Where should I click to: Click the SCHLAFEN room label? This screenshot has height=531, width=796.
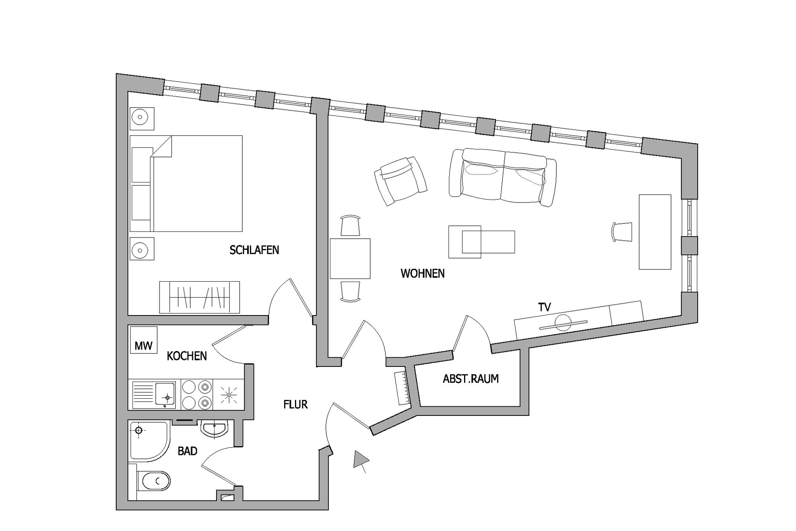pyautogui.click(x=254, y=250)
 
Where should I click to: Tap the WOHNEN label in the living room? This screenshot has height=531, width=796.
pyautogui.click(x=423, y=274)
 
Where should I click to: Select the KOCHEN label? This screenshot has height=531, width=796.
pyautogui.click(x=187, y=356)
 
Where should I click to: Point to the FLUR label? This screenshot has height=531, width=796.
pyautogui.click(x=295, y=405)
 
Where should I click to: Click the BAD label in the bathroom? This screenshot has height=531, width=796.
pyautogui.click(x=187, y=451)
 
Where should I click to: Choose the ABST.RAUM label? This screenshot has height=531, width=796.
pyautogui.click(x=471, y=379)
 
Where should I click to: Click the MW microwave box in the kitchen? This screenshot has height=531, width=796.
pyautogui.click(x=144, y=340)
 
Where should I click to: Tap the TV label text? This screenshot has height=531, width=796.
pyautogui.click(x=544, y=307)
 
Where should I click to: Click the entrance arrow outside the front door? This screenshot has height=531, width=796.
pyautogui.click(x=361, y=461)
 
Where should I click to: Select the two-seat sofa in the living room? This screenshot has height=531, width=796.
pyautogui.click(x=503, y=177)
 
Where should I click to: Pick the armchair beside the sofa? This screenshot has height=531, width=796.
pyautogui.click(x=401, y=180)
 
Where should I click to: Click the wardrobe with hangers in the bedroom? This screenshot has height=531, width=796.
pyautogui.click(x=199, y=297)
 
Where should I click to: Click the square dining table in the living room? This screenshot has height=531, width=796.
pyautogui.click(x=350, y=259)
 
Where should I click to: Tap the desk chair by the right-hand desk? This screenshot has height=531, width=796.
pyautogui.click(x=622, y=232)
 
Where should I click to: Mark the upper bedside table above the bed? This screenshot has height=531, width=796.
pyautogui.click(x=142, y=119)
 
